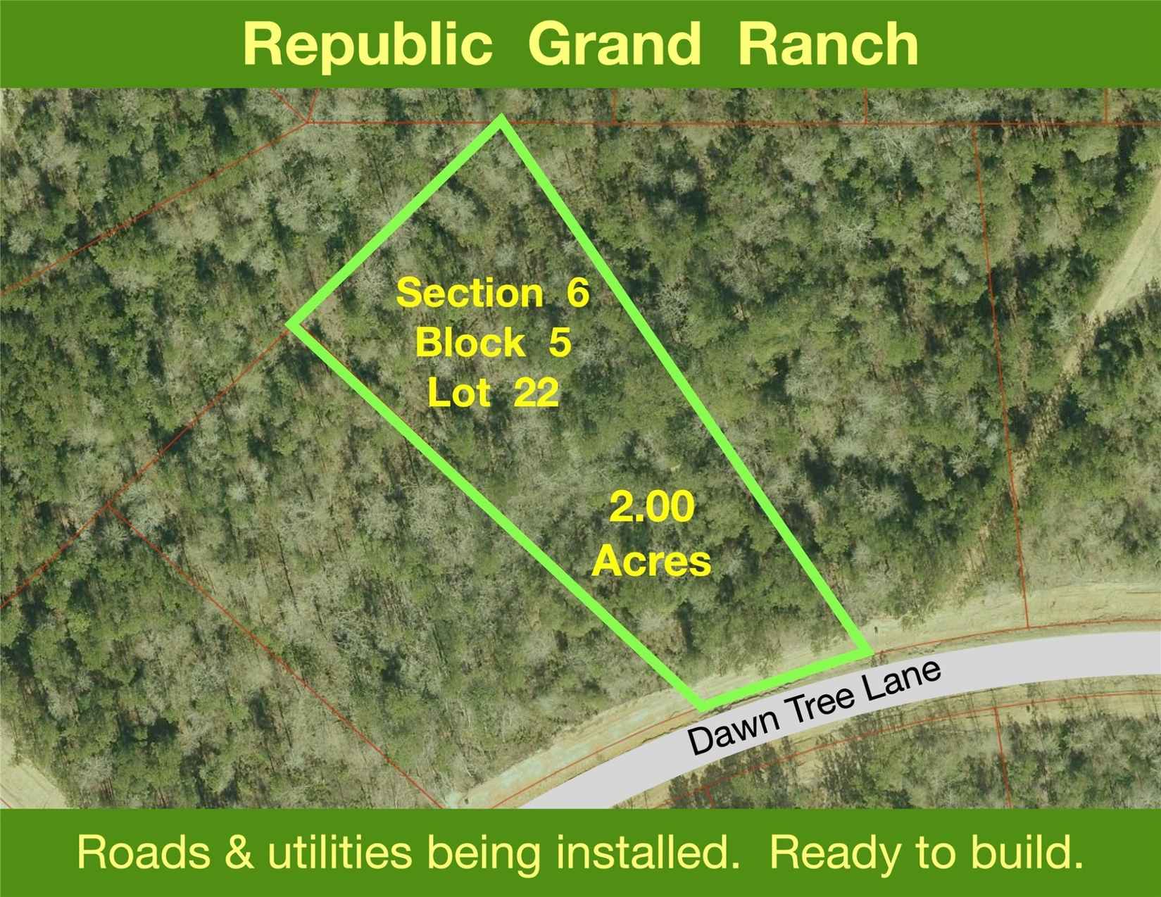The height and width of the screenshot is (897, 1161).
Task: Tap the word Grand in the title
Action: (x=615, y=44)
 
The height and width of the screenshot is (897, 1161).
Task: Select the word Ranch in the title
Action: (x=827, y=44)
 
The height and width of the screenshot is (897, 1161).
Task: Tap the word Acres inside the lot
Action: (x=651, y=561)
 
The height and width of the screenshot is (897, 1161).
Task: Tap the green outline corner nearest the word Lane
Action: (x=867, y=652)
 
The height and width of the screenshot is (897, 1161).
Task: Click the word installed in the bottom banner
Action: (x=644, y=853)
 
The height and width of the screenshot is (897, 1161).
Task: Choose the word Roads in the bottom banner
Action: (x=144, y=853)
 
